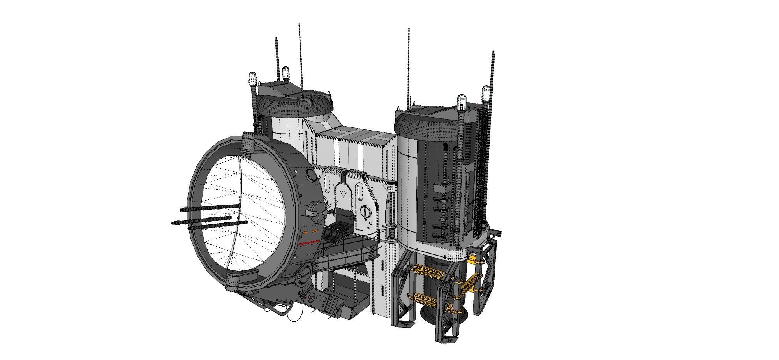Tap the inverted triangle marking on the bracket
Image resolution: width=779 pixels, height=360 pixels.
343,194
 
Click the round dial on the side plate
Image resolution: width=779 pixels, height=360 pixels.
365,212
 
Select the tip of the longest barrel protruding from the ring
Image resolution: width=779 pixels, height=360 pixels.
173,223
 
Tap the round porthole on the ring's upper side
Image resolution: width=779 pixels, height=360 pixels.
310,175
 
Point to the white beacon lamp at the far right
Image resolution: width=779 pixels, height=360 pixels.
486,93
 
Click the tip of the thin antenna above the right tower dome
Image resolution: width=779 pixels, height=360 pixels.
408,30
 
